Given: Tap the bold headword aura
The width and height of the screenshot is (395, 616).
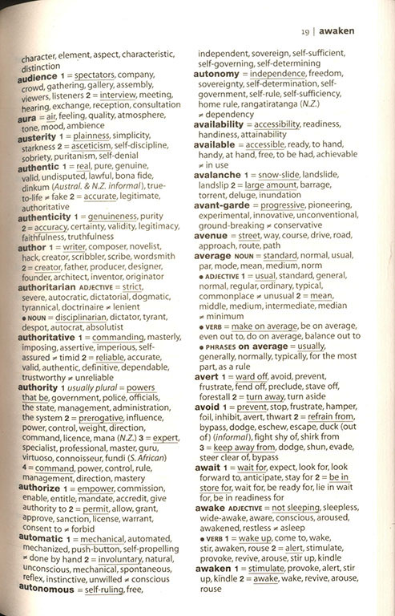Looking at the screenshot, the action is pos(29,117).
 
